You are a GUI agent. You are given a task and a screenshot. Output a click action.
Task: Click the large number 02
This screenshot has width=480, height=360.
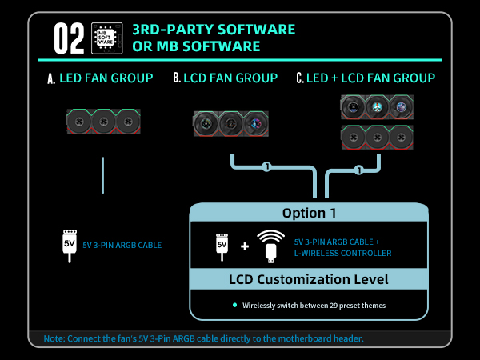[69, 38]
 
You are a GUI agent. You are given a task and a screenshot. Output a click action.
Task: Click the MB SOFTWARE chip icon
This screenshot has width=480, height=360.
[107, 38]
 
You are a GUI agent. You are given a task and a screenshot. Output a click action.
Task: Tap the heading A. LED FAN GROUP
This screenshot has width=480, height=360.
[100, 78]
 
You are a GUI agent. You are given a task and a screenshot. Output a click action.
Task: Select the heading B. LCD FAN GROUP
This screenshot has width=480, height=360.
[226, 78]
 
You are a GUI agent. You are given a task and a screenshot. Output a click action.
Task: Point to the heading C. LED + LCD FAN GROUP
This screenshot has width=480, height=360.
[366, 78]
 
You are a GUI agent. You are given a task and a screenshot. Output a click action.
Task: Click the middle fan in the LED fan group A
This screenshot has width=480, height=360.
[104, 122]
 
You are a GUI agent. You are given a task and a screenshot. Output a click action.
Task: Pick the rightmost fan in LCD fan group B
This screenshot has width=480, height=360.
[256, 124]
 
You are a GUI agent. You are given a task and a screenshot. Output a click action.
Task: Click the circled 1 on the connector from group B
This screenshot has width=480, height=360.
[267, 167]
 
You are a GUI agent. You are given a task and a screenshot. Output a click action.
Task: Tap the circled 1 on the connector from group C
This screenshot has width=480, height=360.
[359, 170]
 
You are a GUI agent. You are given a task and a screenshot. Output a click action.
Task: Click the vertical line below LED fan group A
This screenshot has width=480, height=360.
[103, 175]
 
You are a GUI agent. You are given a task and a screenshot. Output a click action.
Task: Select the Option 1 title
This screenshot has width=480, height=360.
[309, 213]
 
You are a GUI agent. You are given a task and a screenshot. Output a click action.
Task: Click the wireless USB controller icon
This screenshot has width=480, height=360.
[270, 246]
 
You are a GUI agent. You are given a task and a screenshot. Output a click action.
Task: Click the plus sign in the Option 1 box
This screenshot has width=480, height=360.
[245, 246]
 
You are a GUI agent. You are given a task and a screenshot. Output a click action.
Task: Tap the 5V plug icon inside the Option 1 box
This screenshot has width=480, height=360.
[222, 247]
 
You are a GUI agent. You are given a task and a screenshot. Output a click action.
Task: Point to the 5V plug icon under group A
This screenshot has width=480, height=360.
[70, 246]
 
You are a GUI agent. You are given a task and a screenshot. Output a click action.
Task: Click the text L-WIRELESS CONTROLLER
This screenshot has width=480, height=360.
[343, 253]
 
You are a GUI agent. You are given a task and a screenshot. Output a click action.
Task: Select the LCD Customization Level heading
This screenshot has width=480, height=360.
[309, 279]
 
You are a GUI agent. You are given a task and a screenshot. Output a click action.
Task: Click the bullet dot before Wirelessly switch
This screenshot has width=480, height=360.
[234, 305]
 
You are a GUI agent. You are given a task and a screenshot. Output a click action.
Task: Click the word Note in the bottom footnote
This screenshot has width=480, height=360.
[54, 338]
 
